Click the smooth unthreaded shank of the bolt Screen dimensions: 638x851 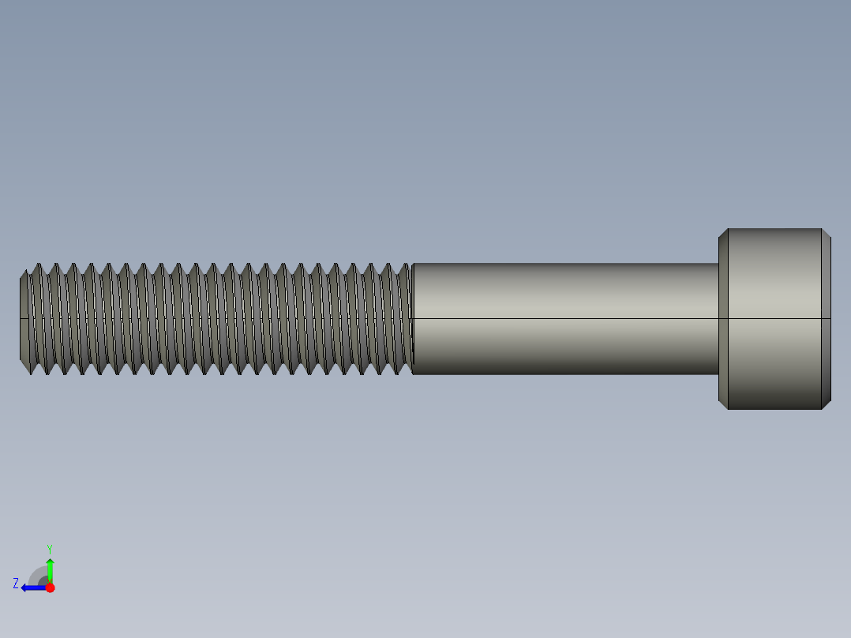[564, 292]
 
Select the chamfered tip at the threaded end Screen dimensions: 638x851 [24, 319]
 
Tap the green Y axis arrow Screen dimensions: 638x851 [50, 569]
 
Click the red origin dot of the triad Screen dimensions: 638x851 [50, 587]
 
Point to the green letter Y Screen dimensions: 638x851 [49, 548]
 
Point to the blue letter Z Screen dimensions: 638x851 [16, 584]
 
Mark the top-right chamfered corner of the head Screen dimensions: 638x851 [826, 234]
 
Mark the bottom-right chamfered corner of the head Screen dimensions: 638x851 [826, 404]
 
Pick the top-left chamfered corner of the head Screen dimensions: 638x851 [723, 234]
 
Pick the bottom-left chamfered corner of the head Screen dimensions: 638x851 [723, 404]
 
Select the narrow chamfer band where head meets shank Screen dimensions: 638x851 [723, 355]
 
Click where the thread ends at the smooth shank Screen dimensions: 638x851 [412, 318]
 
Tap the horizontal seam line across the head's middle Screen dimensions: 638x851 [774, 318]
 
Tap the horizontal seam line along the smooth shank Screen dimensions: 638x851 [564, 318]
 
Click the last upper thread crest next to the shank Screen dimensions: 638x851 [406, 265]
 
